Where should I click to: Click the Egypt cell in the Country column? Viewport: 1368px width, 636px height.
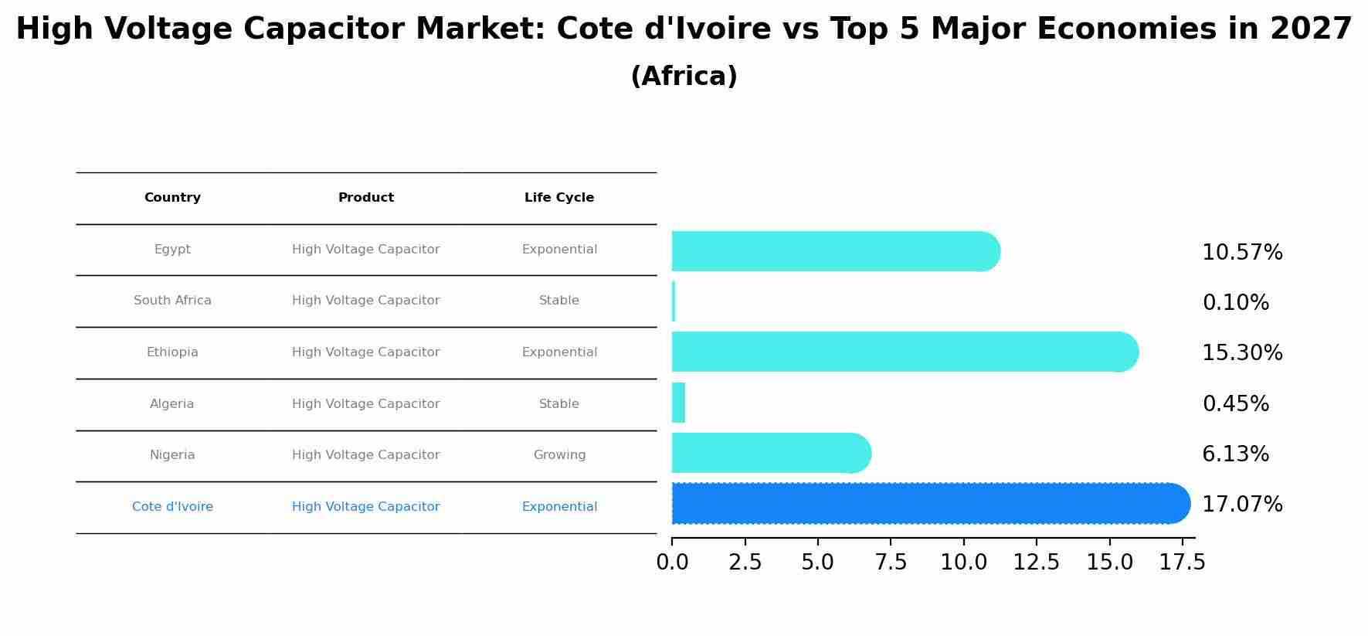[x=172, y=250]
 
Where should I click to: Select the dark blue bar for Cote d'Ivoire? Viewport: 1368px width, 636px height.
[x=927, y=504]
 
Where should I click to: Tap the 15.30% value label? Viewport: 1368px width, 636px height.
[x=1241, y=353]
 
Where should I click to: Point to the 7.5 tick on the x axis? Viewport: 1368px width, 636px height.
[x=891, y=562]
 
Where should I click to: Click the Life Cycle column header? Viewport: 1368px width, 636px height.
[x=559, y=198]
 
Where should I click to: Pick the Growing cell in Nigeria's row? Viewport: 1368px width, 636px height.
[x=559, y=455]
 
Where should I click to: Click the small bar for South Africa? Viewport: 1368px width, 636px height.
[x=674, y=301]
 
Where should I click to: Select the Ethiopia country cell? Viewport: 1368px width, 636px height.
[x=172, y=352]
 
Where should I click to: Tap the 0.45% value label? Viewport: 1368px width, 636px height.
[x=1235, y=403]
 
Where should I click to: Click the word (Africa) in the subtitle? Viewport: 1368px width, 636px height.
[x=684, y=77]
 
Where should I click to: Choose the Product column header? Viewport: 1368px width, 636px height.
[x=366, y=198]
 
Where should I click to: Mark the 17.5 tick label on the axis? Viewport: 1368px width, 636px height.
[x=1182, y=562]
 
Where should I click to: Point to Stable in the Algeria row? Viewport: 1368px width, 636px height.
[x=559, y=404]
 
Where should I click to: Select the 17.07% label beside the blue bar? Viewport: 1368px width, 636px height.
[x=1241, y=505]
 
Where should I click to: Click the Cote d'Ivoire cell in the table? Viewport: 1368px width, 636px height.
[x=172, y=507]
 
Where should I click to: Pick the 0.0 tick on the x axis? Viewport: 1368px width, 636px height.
[x=672, y=562]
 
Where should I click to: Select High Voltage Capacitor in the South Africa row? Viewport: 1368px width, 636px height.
[x=366, y=301]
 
